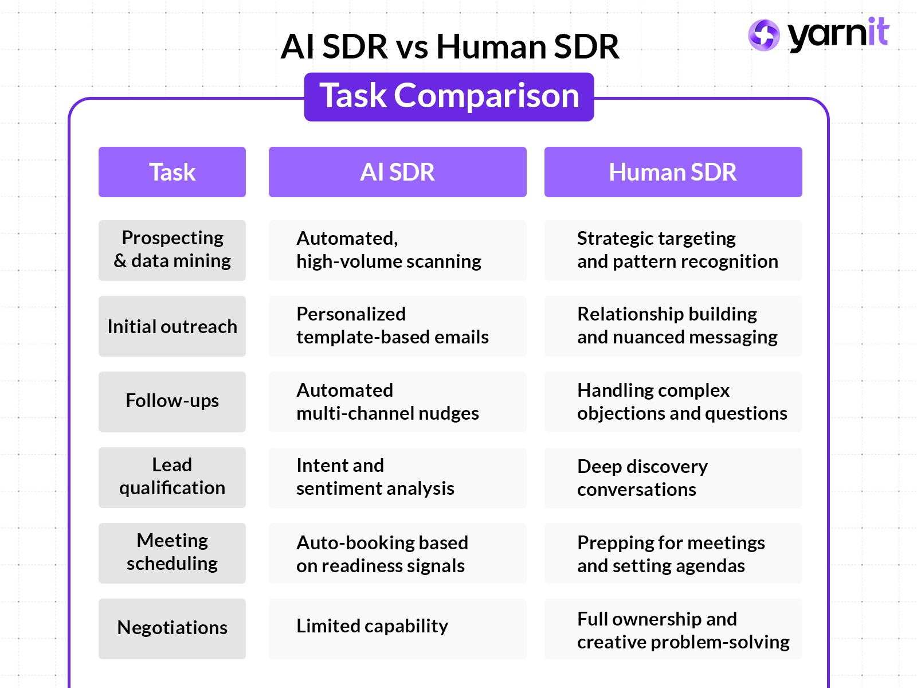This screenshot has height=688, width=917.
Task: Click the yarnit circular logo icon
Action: pyautogui.click(x=763, y=35)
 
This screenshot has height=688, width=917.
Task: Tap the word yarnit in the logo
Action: pyautogui.click(x=838, y=34)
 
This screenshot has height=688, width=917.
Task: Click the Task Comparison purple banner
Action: pyautogui.click(x=449, y=96)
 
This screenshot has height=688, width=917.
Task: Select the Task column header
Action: pyautogui.click(x=172, y=172)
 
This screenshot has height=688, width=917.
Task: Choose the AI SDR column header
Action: pyautogui.click(x=397, y=172)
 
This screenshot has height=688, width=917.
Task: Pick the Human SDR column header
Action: pyautogui.click(x=673, y=172)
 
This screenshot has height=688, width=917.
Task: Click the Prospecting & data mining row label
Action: pyautogui.click(x=172, y=250)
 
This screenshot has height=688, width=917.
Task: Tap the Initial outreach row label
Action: pyautogui.click(x=172, y=326)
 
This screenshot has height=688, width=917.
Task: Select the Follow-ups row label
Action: pyautogui.click(x=172, y=401)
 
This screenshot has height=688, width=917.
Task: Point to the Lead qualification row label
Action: pyautogui.click(x=172, y=477)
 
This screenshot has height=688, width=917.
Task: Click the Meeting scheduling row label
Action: pyautogui.click(x=172, y=553)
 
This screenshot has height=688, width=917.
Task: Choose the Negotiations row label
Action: pyautogui.click(x=172, y=628)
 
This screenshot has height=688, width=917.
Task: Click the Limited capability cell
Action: pyautogui.click(x=397, y=628)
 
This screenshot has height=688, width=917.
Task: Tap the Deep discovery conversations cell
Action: pyautogui.click(x=673, y=478)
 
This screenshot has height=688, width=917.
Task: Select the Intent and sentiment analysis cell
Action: pyautogui.click(x=397, y=478)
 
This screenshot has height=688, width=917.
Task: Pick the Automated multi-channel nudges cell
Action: pyautogui.click(x=397, y=402)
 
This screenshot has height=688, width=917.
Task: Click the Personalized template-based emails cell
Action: pyautogui.click(x=397, y=326)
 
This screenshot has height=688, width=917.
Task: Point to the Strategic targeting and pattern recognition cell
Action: pyautogui.click(x=673, y=251)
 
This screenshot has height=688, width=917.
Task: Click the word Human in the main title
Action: pyautogui.click(x=485, y=46)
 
